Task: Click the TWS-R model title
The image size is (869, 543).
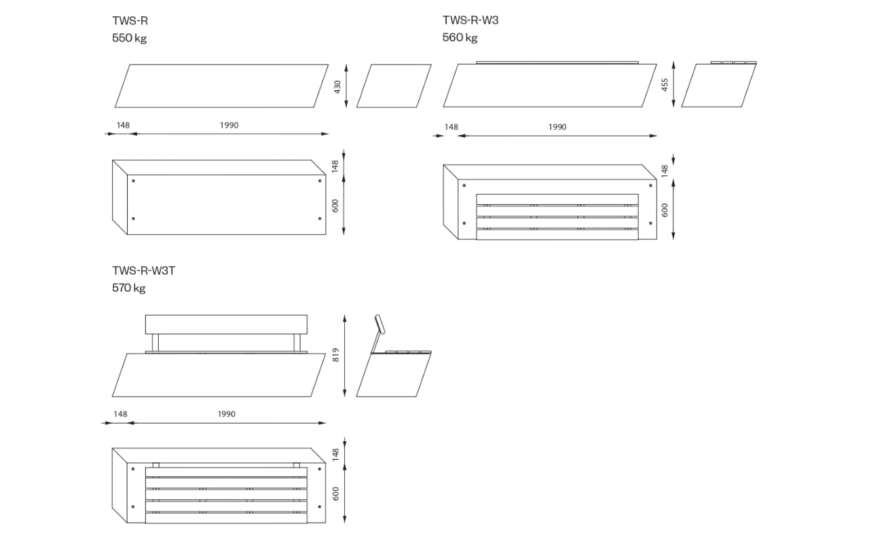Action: coord(130,20)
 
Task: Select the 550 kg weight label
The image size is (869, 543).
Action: coord(129,38)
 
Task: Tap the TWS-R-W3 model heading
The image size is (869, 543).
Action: coord(470,20)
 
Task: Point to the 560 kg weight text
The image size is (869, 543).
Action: coord(460,37)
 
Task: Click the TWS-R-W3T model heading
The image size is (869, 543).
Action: coord(143,270)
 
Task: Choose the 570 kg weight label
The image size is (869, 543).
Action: coord(129,288)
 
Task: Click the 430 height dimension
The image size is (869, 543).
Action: coord(337,87)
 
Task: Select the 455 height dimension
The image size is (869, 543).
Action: coord(665,85)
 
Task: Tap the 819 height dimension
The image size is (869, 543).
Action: coord(336,355)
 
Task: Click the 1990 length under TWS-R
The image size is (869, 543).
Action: coord(229,126)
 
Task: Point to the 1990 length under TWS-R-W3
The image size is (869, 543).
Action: coord(557,127)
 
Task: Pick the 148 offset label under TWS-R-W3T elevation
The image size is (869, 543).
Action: coord(120,414)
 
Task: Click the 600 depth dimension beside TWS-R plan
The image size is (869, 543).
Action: coord(335,206)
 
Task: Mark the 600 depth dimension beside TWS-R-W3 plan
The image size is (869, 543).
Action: coord(665,210)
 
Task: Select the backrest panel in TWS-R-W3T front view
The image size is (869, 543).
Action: coord(226,324)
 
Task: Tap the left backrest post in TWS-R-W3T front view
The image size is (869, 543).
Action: coord(155,343)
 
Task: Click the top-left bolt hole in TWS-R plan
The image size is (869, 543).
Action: coord(134,181)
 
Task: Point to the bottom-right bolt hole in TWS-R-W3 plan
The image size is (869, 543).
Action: coord(650,223)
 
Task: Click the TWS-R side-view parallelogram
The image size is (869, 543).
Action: coord(394,86)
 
